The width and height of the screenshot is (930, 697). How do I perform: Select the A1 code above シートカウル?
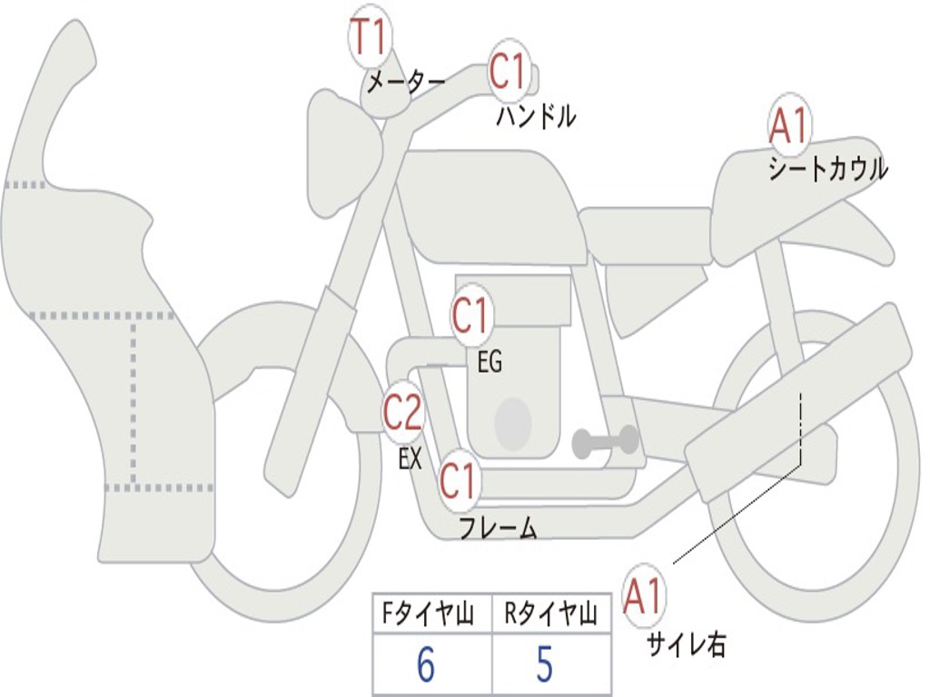pos(787,128)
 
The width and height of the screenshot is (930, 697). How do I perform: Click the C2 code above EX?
pos(402,413)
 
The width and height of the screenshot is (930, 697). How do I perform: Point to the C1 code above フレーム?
pos(459,480)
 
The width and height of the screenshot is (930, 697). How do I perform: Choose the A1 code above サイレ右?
pos(644,596)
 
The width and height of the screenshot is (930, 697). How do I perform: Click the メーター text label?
pos(405,84)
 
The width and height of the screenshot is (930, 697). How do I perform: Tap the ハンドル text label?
pos(536,116)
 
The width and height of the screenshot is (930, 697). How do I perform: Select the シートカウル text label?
pos(827,170)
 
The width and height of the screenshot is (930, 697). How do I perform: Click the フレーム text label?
pos(498,527)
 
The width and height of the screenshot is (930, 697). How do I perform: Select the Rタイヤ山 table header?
pos(550,615)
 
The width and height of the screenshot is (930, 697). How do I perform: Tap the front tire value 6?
pos(425,665)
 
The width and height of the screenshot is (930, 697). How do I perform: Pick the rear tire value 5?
pos(545,665)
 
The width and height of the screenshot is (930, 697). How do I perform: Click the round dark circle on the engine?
pos(513,422)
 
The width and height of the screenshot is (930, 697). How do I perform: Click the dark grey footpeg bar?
pos(607,442)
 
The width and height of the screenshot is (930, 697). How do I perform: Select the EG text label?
pos(490,363)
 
